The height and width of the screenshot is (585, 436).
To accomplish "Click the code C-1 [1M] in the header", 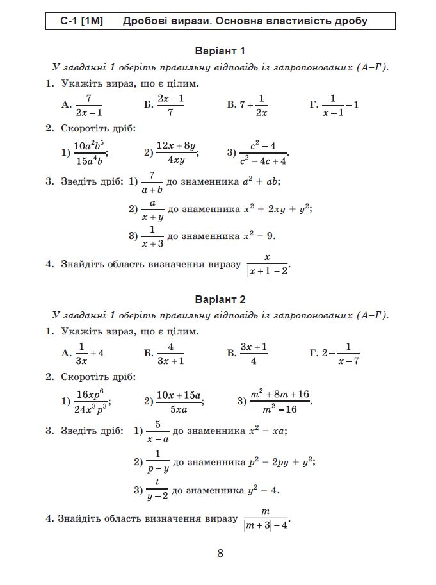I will [81, 21].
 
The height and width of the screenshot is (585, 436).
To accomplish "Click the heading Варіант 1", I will [220, 51].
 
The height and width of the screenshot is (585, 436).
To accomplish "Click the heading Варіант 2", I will [220, 299].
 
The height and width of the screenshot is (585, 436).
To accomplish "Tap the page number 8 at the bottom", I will [220, 553].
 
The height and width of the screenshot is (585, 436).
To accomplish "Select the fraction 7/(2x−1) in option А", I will [89, 104].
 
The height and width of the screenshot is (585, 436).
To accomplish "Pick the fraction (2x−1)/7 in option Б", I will [170, 104].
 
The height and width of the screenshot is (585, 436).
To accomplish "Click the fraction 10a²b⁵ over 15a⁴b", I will [88, 152].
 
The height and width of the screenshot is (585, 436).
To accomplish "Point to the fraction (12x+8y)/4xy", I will [176, 152].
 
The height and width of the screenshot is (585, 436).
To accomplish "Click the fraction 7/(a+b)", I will [152, 182].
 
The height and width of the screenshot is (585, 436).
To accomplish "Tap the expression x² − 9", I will [259, 236].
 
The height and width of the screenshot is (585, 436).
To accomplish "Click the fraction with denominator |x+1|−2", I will [268, 264].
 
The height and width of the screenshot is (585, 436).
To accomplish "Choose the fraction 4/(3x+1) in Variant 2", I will [171, 354].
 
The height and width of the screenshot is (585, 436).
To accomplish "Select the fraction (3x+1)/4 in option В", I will [254, 354].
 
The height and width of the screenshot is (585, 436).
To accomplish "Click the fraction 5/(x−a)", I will [157, 432].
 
